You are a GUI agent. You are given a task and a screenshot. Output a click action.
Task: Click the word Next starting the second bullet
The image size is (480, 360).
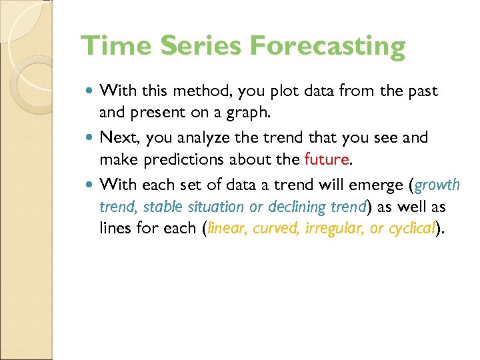tap(116, 137)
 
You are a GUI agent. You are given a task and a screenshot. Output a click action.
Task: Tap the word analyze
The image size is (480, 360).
tap(192, 139)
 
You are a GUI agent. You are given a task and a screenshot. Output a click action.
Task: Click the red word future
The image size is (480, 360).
tap(325, 160)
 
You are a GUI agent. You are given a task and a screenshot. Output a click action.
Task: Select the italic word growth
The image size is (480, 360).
tap(437, 185)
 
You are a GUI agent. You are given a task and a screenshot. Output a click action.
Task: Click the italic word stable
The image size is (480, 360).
tap(151, 207)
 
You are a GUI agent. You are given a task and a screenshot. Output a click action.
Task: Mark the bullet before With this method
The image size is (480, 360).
tap(90, 91)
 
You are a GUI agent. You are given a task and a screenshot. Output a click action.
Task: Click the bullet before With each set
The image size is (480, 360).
tap(90, 184)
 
